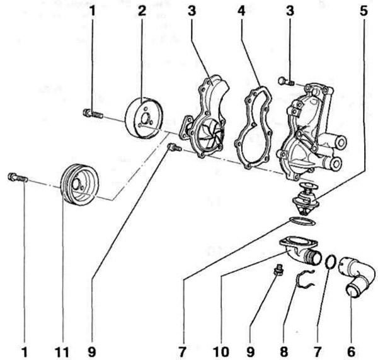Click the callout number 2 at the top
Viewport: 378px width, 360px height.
(142, 11)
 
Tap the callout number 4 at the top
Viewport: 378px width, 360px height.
(241, 11)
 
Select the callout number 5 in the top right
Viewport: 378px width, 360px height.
(364, 11)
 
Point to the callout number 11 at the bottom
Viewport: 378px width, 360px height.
(62, 352)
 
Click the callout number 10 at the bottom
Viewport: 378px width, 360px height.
(222, 352)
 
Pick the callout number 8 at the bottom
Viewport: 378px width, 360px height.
(284, 352)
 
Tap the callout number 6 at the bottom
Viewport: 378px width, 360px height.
(351, 352)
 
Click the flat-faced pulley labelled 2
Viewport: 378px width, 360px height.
(144, 118)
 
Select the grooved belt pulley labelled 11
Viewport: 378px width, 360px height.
(79, 184)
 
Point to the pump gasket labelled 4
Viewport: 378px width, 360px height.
(254, 127)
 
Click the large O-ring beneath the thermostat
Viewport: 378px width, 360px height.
(302, 221)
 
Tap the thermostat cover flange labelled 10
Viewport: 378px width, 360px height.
(300, 250)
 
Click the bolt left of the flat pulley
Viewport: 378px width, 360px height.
(93, 114)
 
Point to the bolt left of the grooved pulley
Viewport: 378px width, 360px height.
(18, 178)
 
